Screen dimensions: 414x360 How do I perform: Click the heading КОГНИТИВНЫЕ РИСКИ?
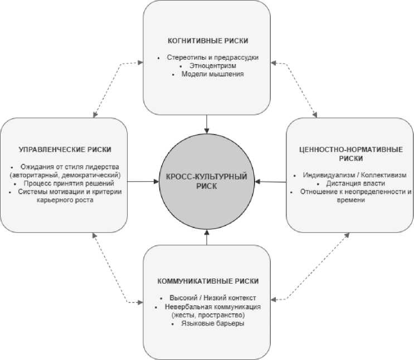[208, 41]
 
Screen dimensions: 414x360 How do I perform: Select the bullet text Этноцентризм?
[212, 66]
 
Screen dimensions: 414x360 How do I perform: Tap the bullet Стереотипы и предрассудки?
[212, 57]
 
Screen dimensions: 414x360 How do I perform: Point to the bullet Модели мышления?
[212, 74]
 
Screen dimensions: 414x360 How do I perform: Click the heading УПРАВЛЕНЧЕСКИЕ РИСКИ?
[65, 149]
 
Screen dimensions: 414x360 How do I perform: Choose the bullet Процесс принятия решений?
[69, 183]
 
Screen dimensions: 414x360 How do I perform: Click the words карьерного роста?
[65, 200]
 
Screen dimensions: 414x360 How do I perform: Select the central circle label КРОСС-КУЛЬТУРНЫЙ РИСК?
[207, 181]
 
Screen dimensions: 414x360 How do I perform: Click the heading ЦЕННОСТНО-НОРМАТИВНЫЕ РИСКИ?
[351, 154]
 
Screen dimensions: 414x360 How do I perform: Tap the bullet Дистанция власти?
[355, 183]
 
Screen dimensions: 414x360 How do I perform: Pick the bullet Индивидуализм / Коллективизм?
[354, 175]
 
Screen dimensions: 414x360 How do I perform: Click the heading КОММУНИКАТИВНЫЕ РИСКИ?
[208, 281]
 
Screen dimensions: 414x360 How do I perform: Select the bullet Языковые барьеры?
[212, 323]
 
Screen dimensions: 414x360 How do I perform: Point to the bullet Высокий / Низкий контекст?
[212, 298]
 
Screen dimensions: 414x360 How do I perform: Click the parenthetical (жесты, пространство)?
[208, 315]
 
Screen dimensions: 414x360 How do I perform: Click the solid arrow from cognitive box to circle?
[207, 124]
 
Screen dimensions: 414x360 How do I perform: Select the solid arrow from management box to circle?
[143, 182]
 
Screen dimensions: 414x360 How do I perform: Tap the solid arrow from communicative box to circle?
[207, 237]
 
